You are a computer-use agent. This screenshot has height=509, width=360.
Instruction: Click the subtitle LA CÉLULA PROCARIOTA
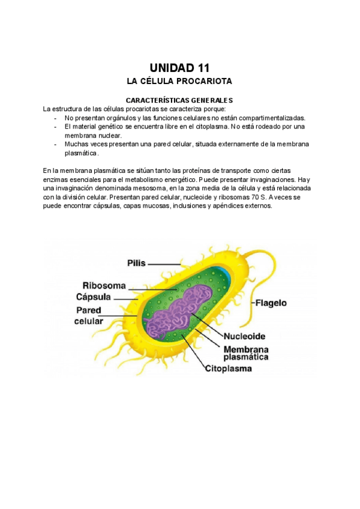(179, 81)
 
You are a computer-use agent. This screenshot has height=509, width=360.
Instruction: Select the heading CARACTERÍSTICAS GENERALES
(179, 100)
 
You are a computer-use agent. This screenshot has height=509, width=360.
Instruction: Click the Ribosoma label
(104, 286)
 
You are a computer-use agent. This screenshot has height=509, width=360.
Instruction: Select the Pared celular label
(88, 316)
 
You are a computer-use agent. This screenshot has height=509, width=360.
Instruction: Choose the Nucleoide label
(244, 336)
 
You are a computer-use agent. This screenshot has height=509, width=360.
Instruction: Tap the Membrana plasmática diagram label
(246, 352)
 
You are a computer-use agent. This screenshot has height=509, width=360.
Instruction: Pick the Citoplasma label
(229, 368)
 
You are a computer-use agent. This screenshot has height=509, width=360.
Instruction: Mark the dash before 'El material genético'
(55, 127)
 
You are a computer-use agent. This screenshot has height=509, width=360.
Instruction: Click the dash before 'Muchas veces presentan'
(55, 144)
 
